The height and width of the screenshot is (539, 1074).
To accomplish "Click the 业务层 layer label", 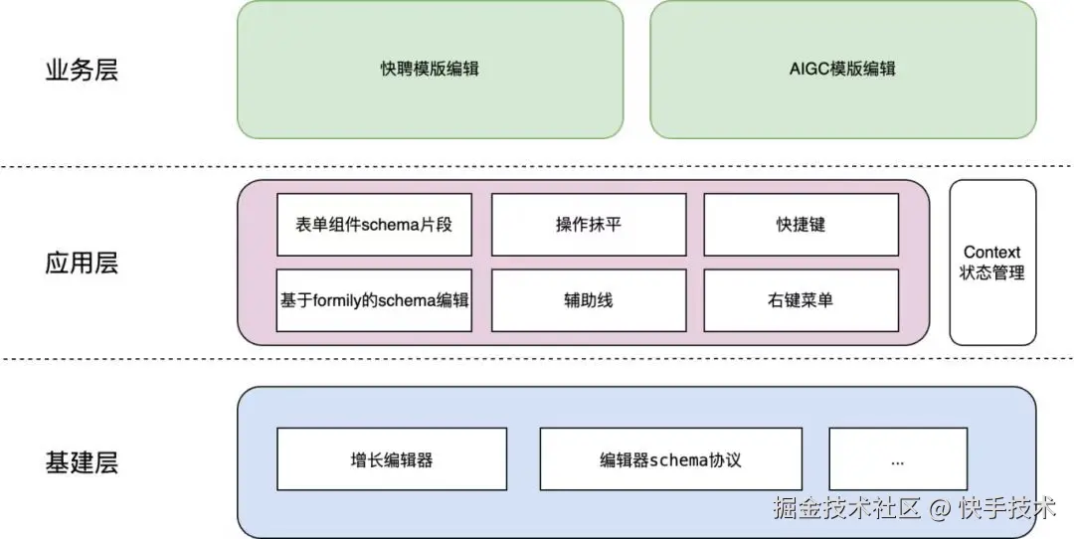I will coord(82,71).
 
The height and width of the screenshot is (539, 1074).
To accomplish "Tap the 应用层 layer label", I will coord(82,264).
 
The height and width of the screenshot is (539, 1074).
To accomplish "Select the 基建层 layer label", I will coord(82,462).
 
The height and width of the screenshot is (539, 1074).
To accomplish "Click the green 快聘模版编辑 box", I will coord(430,70).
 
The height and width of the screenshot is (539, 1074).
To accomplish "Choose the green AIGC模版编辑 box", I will coord(842,70).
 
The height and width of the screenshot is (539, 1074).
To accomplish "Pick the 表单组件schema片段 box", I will coord(374,225).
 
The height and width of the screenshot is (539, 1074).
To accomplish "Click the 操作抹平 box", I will coord(589,225).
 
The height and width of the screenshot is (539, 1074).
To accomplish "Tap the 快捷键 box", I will coord(801,225).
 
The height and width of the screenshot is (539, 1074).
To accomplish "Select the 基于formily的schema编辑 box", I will coord(374,299).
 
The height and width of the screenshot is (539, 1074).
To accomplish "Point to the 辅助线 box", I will coord(589,299).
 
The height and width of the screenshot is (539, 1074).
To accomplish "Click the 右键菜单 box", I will coord(801,299).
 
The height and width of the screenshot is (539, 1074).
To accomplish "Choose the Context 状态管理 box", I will coord(991,263).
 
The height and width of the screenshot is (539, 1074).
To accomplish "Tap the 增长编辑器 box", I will coord(392,460).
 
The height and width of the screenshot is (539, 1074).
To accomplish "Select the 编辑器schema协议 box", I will coord(670,460).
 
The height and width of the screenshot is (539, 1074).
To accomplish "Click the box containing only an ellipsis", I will coord(898,460).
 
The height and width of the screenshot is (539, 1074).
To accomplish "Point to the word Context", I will coord(991,253).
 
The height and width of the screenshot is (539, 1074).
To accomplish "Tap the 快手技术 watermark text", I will coord(1006,508).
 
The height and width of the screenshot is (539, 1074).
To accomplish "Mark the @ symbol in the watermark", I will coord(940,509).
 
